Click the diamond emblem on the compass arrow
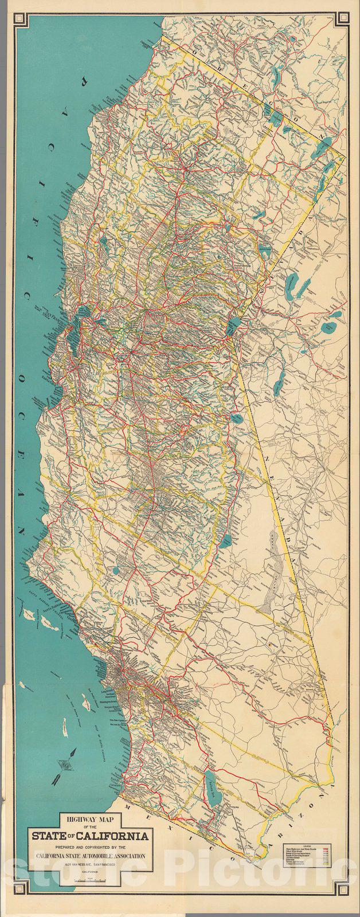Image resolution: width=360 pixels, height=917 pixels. click(x=63, y=763)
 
